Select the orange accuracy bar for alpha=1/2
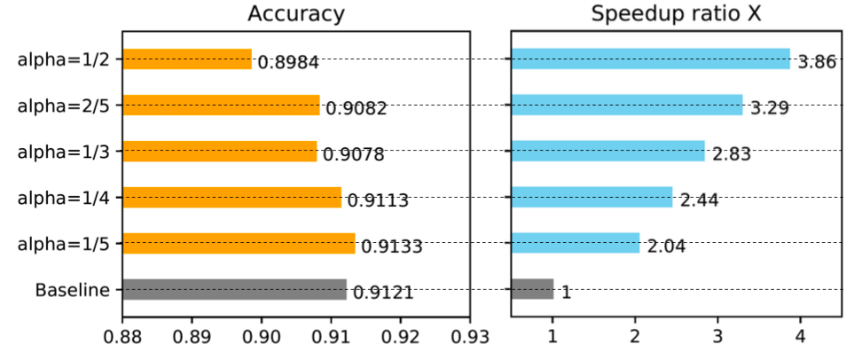tap(187, 59)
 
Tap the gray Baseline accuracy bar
tap(234, 289)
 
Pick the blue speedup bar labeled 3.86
tap(650, 59)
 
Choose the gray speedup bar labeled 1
tap(532, 289)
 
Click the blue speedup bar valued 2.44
tap(592, 197)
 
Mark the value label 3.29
tap(769, 109)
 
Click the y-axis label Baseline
tap(73, 290)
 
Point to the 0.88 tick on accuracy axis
tap(122, 337)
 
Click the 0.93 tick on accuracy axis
tap(470, 337)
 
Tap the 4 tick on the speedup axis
tap(801, 337)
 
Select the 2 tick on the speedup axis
tap(636, 337)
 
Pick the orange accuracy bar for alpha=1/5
tap(239, 243)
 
